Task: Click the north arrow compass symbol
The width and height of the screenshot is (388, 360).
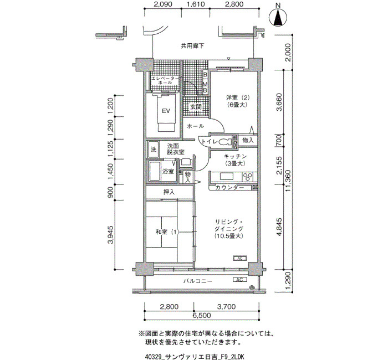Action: tap(278, 17)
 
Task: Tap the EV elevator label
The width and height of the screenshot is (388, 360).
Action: tap(166, 111)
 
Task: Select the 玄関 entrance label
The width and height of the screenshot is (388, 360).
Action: tap(196, 107)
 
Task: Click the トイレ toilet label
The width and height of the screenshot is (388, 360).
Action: tap(210, 142)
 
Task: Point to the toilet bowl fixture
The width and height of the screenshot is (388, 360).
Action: tap(224, 142)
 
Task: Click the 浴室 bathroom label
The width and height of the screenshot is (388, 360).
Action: tap(168, 171)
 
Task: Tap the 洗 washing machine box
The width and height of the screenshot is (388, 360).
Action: tap(154, 150)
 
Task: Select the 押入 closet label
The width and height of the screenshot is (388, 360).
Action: tap(169, 192)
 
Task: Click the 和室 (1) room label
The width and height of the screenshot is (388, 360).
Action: tap(167, 232)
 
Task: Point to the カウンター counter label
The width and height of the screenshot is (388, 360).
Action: tap(229, 187)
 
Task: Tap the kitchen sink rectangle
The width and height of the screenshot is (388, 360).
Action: tap(226, 176)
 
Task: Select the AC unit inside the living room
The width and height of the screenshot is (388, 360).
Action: tap(240, 259)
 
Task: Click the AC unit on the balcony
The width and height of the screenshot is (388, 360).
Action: tap(240, 280)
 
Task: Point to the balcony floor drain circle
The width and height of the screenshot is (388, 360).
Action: tap(252, 287)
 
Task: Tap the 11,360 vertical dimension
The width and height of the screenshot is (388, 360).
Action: tap(288, 181)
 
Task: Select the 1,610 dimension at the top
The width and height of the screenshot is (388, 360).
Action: tap(196, 4)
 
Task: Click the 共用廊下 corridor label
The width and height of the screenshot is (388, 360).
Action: tap(192, 46)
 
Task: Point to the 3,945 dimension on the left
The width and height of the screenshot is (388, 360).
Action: tap(110, 235)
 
